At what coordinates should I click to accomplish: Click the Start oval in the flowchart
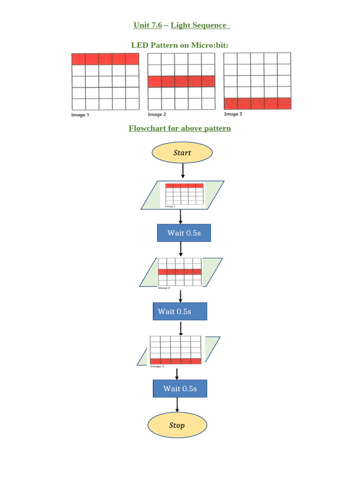pyautogui.click(x=182, y=152)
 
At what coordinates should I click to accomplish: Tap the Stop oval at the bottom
pyautogui.click(x=177, y=425)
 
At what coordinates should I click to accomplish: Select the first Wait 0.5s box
pyautogui.click(x=184, y=232)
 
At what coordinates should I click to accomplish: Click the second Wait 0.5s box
pyautogui.click(x=180, y=311)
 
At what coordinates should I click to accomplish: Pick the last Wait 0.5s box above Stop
pyautogui.click(x=180, y=388)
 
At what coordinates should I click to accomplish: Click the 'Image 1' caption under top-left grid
pyautogui.click(x=80, y=115)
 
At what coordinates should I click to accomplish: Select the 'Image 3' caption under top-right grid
pyautogui.click(x=233, y=114)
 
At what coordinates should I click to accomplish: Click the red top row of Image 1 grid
pyautogui.click(x=105, y=59)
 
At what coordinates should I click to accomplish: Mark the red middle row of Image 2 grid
pyautogui.click(x=181, y=81)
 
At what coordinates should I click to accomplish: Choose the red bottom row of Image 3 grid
pyautogui.click(x=257, y=103)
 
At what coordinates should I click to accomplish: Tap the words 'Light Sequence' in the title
pyautogui.click(x=199, y=25)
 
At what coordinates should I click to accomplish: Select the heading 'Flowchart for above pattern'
pyautogui.click(x=180, y=128)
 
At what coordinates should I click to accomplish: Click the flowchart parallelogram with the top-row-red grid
pyautogui.click(x=182, y=195)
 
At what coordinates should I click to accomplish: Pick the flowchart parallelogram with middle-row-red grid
pyautogui.click(x=180, y=272)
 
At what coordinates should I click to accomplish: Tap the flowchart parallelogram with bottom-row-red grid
pyautogui.click(x=178, y=351)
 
